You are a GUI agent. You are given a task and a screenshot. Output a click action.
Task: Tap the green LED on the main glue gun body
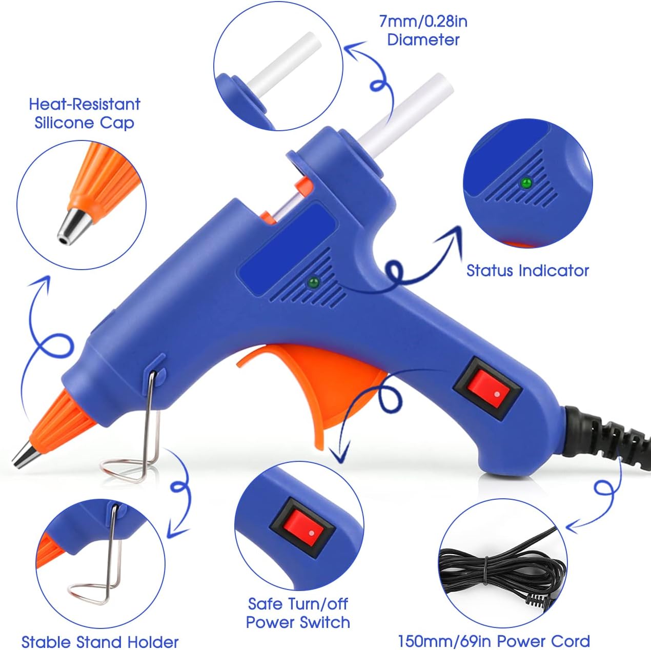tap(312, 281)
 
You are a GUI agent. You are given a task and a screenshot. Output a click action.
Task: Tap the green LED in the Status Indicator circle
tap(525, 182)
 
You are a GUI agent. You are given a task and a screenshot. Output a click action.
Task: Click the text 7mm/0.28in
tap(423, 22)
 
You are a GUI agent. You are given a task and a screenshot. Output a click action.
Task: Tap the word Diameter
tap(423, 40)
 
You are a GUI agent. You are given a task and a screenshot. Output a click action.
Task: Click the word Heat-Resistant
tap(85, 104)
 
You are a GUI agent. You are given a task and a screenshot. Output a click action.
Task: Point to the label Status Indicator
tap(527, 271)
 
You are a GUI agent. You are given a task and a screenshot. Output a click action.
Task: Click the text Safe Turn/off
tap(298, 604)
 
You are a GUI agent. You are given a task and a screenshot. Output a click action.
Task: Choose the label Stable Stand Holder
tap(100, 642)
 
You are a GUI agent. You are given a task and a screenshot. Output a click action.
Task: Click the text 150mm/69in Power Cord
tap(494, 641)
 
